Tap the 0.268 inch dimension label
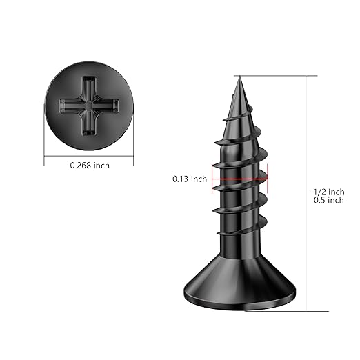pos(90,165)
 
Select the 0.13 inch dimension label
pos(189,179)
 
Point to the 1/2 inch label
pos(328,191)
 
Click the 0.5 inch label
pos(328,201)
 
